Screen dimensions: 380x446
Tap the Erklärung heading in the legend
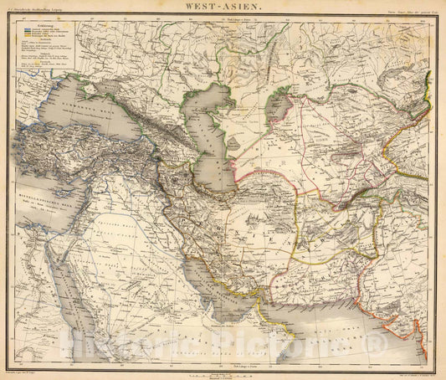[x=47, y=26]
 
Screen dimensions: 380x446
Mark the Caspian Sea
[x=207, y=134]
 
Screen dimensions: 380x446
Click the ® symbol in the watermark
[x=385, y=344]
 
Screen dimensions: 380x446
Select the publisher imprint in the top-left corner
[x=42, y=13]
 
